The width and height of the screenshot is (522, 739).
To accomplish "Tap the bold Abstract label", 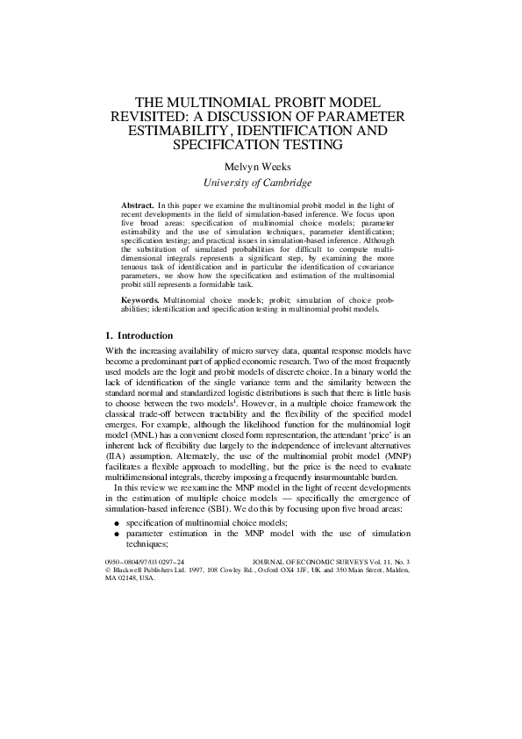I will pos(137,204).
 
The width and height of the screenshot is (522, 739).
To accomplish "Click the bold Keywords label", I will pos(140,300).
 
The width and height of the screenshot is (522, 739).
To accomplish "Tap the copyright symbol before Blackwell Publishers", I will pos(107,570).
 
